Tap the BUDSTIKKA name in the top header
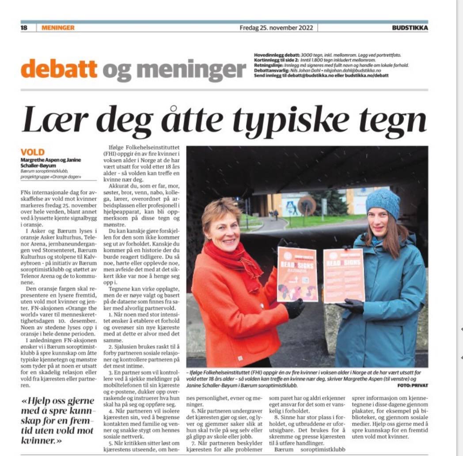[x=410, y=27]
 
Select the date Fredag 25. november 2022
[x=276, y=27]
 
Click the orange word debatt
[x=59, y=69]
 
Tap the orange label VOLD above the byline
[x=33, y=152]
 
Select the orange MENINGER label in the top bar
[x=58, y=27]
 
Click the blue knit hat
[x=383, y=202]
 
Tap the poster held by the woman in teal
[x=343, y=275]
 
